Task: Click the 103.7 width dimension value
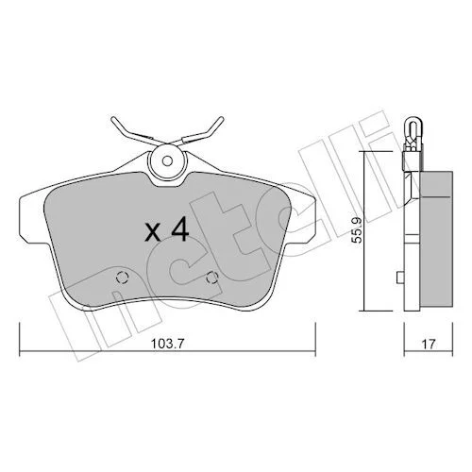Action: pyautogui.click(x=167, y=344)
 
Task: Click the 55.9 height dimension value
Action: pyautogui.click(x=357, y=230)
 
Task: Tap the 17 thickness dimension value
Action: pyautogui.click(x=429, y=344)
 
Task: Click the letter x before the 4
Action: pyautogui.click(x=153, y=233)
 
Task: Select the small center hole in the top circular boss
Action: pyautogui.click(x=167, y=161)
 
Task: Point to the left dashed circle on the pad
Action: pyautogui.click(x=123, y=278)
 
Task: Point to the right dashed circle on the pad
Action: pyautogui.click(x=212, y=278)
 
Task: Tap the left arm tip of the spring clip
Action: pyautogui.click(x=113, y=120)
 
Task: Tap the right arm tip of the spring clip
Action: pyautogui.click(x=221, y=120)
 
